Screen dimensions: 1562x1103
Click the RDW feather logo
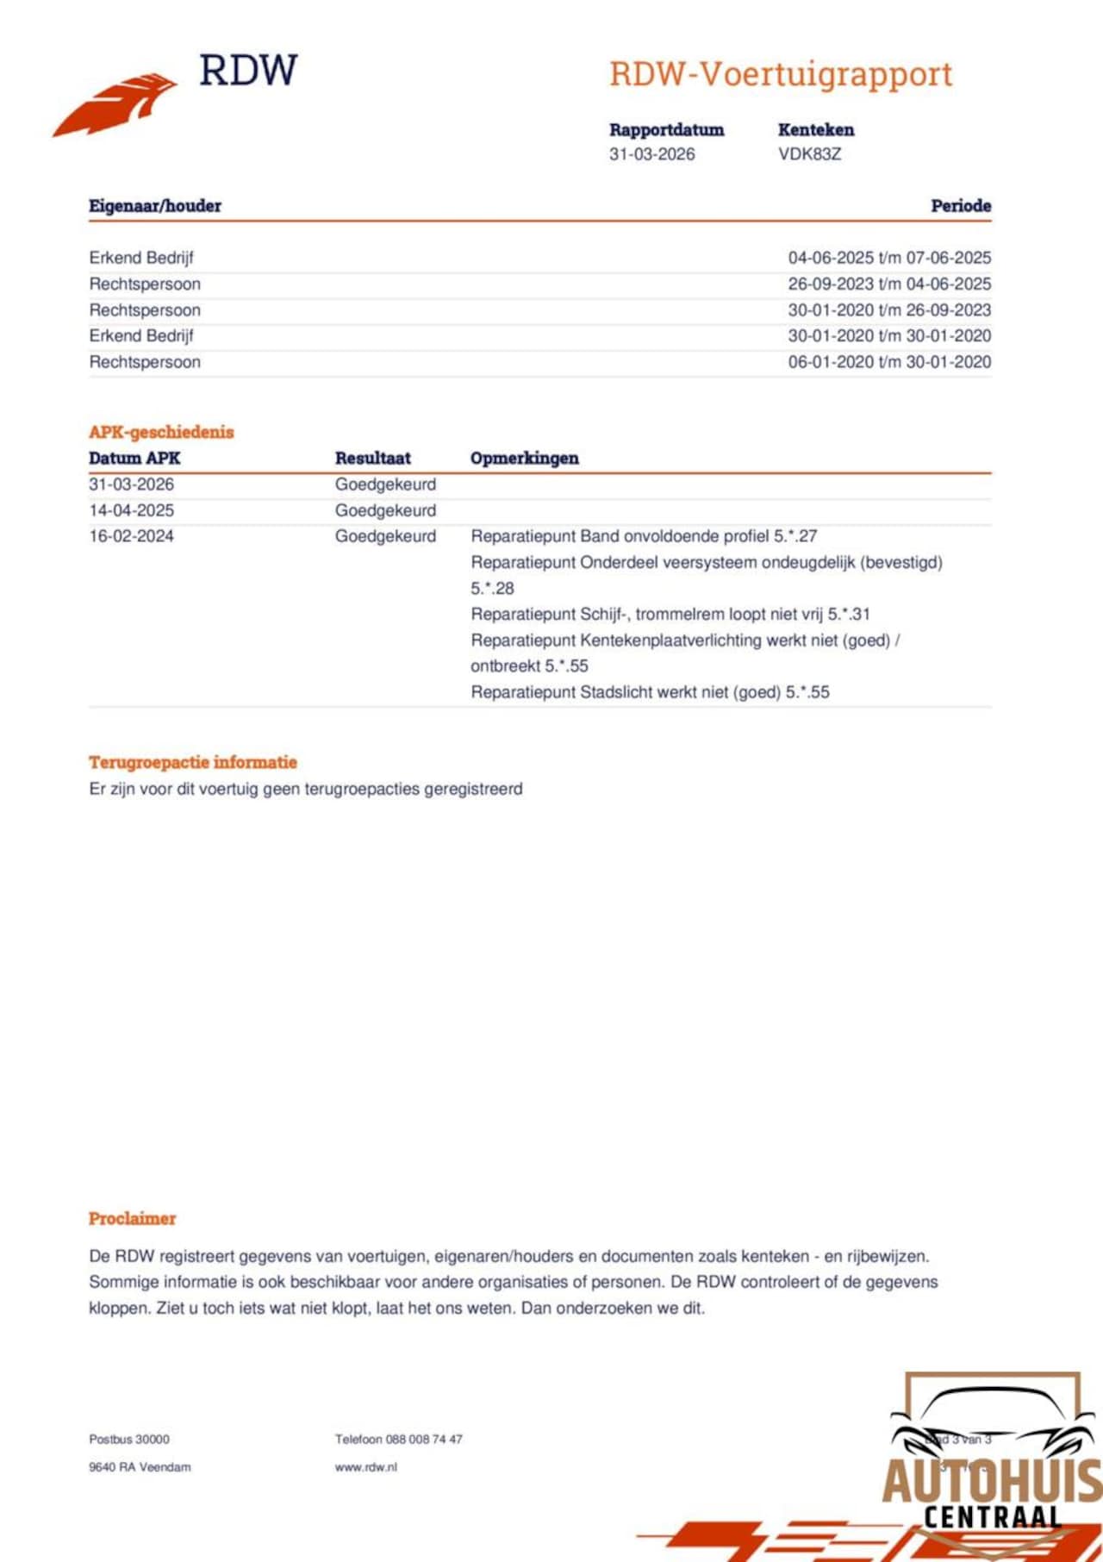(x=115, y=103)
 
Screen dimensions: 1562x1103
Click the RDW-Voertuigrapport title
(x=781, y=74)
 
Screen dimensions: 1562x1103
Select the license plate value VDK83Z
(x=809, y=154)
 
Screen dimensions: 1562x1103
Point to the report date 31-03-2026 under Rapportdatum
(x=651, y=154)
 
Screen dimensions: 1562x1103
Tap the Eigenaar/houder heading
(x=155, y=206)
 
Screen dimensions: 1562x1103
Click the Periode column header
(x=960, y=206)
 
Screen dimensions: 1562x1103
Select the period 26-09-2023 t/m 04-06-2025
(x=889, y=284)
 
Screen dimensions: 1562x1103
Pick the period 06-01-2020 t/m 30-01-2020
(x=889, y=362)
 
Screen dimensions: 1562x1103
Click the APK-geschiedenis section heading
(x=161, y=432)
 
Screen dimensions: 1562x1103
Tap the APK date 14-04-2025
(x=131, y=510)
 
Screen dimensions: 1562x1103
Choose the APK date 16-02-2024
(x=131, y=536)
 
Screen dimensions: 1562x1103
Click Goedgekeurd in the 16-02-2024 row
(x=385, y=536)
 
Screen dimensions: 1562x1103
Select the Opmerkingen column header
(x=524, y=459)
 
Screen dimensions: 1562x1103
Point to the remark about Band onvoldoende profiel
(x=644, y=536)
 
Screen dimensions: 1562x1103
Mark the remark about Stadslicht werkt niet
(x=650, y=692)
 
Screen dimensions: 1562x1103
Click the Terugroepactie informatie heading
(x=193, y=762)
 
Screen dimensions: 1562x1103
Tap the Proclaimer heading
(x=132, y=1219)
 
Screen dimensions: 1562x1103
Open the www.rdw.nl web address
(x=366, y=1467)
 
